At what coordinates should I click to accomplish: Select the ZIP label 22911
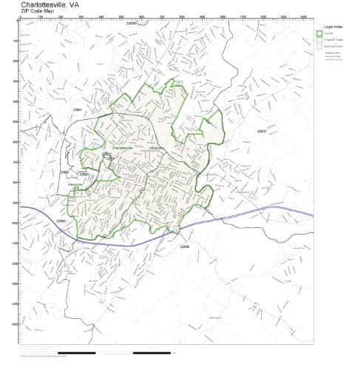point(262,132)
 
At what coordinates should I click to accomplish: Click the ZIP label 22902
point(185,246)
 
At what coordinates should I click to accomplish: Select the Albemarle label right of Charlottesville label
point(155,148)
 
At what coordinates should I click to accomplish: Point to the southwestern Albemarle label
point(75,184)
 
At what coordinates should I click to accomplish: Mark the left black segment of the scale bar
point(77,352)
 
